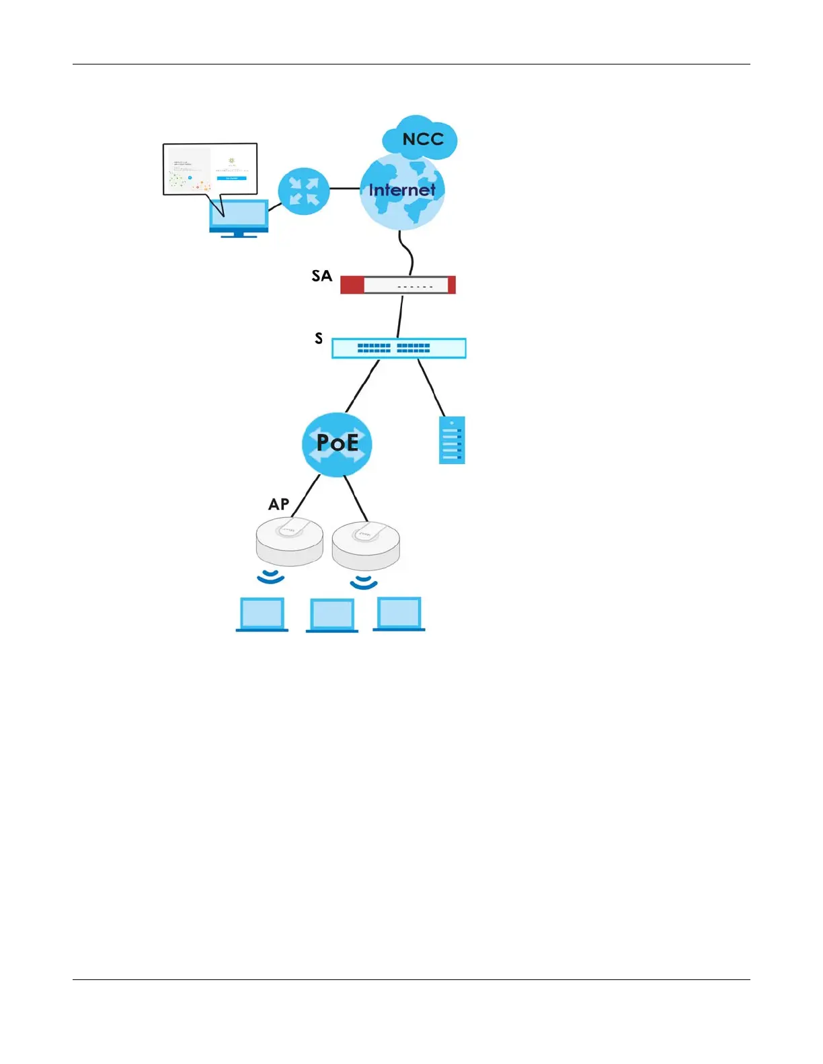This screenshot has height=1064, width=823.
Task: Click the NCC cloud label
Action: tap(423, 139)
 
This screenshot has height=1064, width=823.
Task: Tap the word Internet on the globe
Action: tap(402, 190)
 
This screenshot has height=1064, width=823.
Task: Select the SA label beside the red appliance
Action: tap(321, 275)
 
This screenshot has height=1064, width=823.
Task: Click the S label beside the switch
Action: tap(319, 339)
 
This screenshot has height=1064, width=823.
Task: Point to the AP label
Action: tap(279, 504)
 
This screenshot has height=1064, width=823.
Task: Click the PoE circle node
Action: tap(337, 443)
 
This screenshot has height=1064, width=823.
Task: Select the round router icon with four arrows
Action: tap(304, 191)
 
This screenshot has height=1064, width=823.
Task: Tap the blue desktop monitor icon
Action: tap(239, 218)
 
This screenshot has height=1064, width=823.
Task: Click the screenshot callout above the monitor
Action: tap(210, 169)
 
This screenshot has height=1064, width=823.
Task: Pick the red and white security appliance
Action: tap(398, 285)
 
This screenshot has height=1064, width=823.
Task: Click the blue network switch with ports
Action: tap(399, 348)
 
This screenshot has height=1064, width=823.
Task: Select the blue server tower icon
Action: tap(452, 440)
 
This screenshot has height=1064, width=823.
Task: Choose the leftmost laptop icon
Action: tap(262, 614)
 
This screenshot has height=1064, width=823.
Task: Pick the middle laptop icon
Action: tap(332, 615)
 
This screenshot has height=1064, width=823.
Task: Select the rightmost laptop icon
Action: tap(399, 614)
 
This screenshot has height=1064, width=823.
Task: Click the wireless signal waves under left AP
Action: tap(271, 577)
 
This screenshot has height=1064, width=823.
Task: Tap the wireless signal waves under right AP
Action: tap(364, 582)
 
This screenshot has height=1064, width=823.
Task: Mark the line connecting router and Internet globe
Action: tap(345, 189)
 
